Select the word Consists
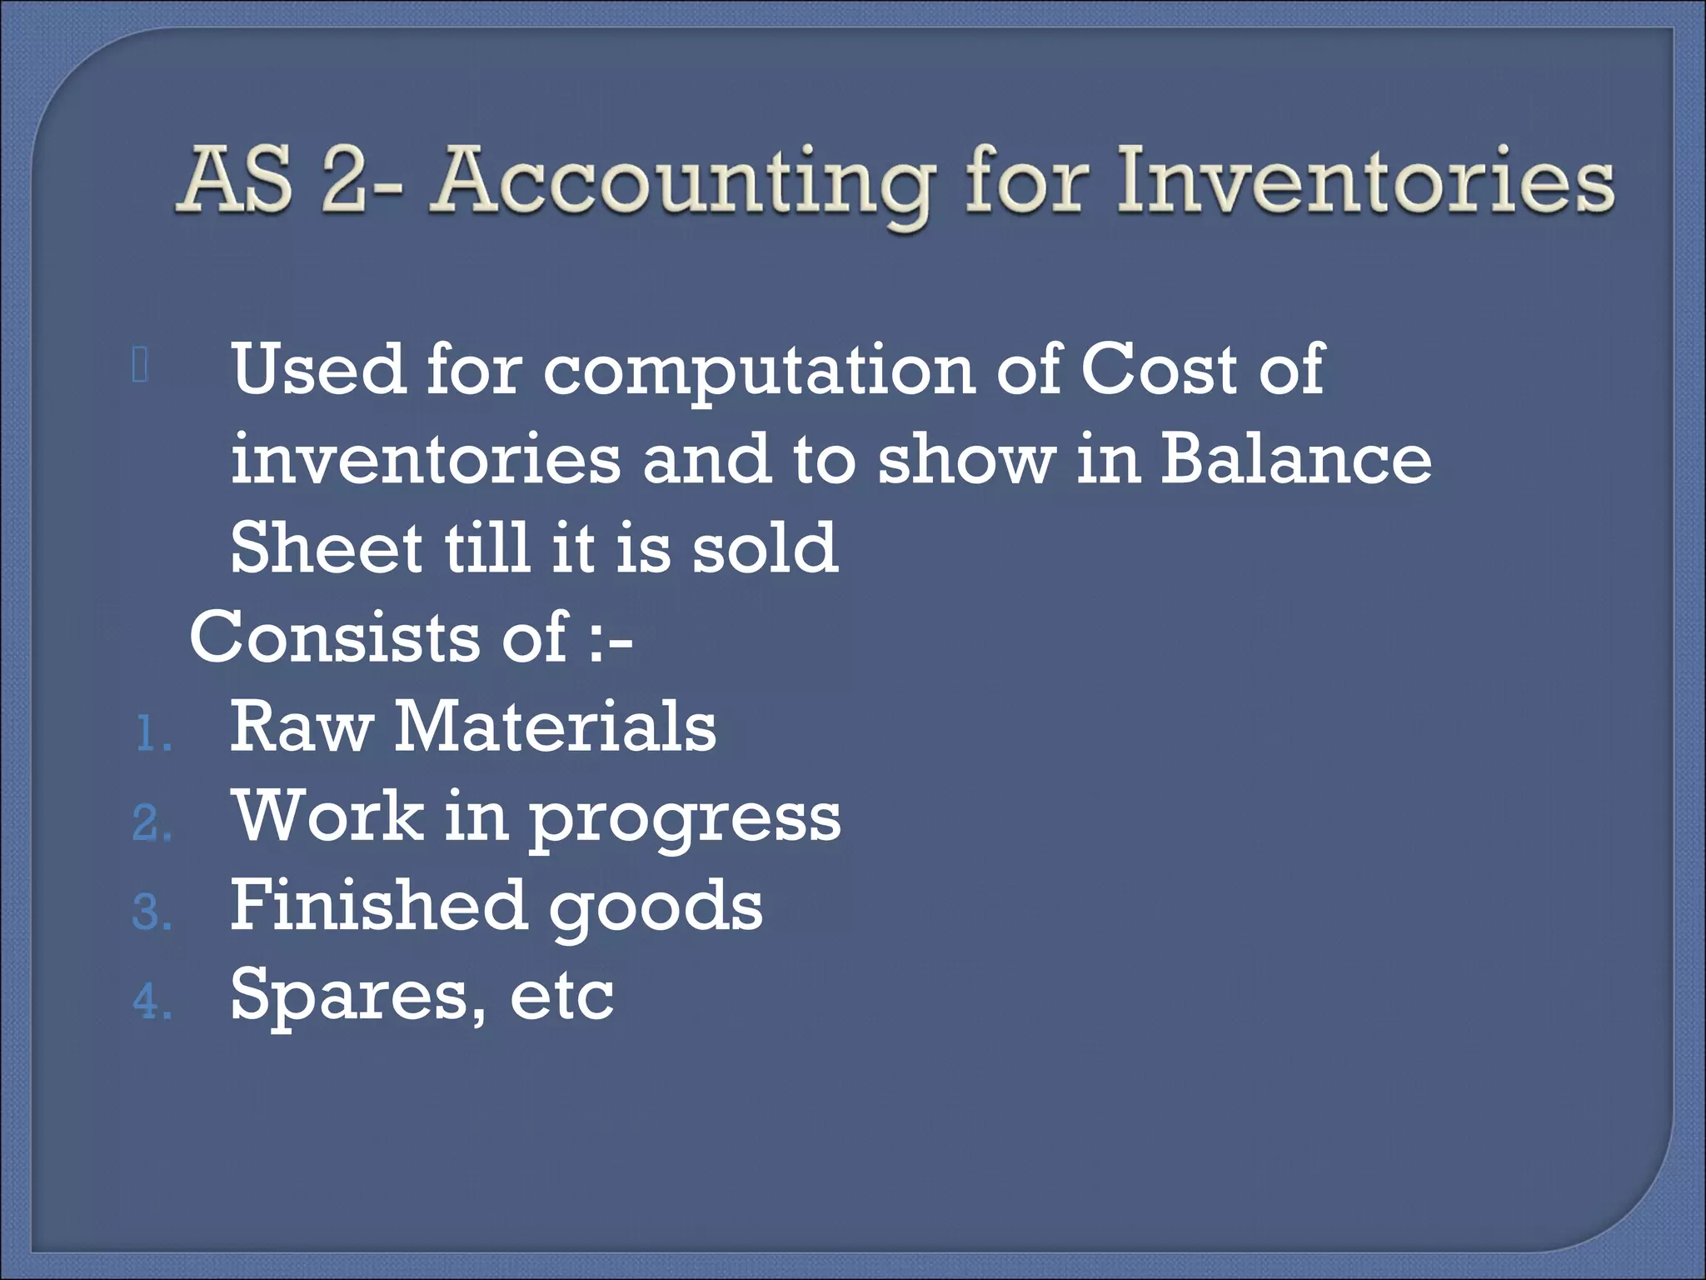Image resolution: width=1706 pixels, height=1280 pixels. (334, 637)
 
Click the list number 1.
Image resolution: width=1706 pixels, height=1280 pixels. (150, 735)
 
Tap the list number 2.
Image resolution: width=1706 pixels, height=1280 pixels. (150, 824)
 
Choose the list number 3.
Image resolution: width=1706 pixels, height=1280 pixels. (150, 913)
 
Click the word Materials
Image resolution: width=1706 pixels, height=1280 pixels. (555, 727)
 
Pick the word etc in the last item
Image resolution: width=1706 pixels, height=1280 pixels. (561, 997)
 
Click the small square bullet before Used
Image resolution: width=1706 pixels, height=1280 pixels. (140, 365)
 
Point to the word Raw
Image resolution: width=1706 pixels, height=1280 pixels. (301, 727)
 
